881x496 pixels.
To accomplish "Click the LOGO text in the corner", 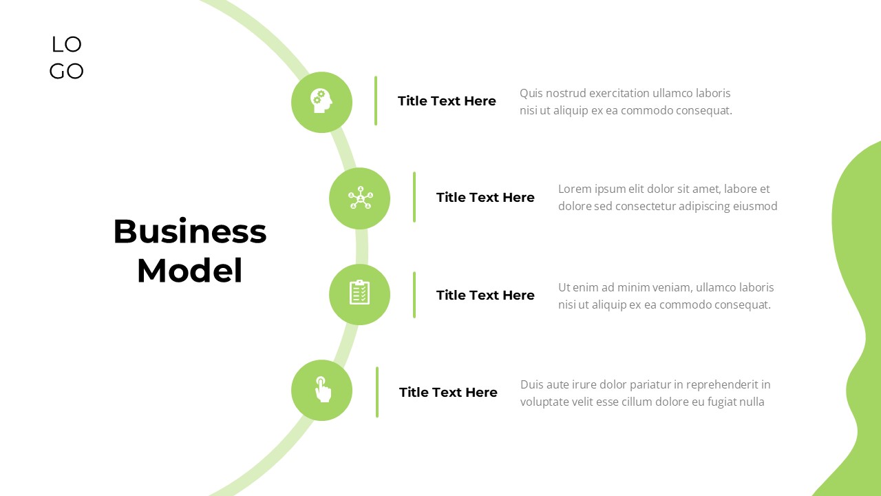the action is [x=67, y=57].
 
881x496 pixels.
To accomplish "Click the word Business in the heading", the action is [x=190, y=231].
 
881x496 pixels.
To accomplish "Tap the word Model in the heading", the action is [x=189, y=271].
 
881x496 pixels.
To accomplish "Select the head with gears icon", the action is [x=321, y=101].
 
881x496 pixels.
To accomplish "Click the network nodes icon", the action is [x=360, y=198].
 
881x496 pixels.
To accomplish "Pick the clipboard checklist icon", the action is [x=359, y=292].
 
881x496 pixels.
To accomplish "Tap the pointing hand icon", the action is [x=323, y=389].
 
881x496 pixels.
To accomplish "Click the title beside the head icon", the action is [x=447, y=101].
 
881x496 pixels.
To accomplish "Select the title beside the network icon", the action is [x=485, y=197].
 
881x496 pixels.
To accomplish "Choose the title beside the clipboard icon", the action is [x=485, y=295].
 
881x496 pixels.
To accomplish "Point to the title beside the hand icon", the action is [x=448, y=392].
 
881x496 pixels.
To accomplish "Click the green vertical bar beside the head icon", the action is [x=376, y=101].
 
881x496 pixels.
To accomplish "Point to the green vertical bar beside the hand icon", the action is [x=376, y=392].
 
